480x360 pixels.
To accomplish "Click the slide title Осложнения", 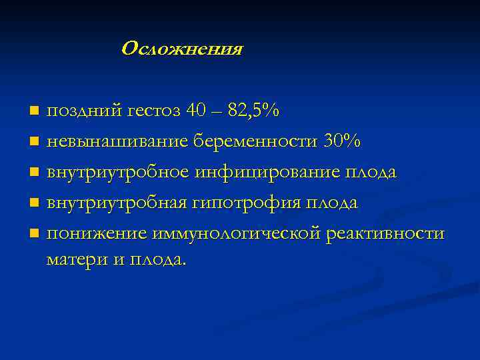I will pyautogui.click(x=182, y=49).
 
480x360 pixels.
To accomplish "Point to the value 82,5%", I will pyautogui.click(x=253, y=111).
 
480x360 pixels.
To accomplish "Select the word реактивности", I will pyautogui.click(x=384, y=233).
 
